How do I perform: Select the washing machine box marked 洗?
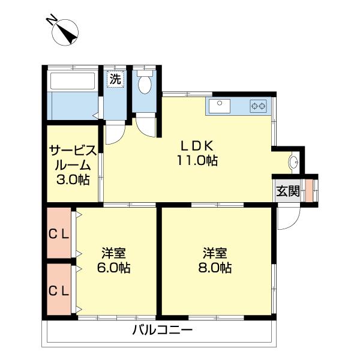(115, 78)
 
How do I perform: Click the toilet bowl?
(145, 83)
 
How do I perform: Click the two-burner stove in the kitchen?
(259, 107)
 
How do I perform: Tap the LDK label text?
(195, 145)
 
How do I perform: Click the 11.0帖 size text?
(196, 160)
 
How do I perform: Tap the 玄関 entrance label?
(287, 191)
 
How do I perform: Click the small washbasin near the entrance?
(293, 162)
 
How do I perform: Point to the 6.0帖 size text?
(113, 268)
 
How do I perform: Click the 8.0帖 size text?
(214, 268)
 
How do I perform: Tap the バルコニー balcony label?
(162, 330)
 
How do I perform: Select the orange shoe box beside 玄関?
(309, 190)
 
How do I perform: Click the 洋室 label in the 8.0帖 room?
(214, 253)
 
